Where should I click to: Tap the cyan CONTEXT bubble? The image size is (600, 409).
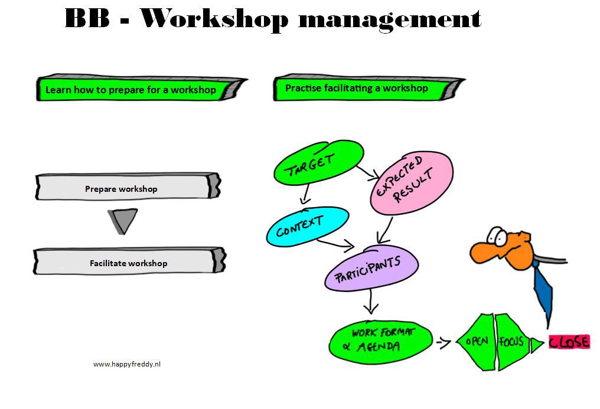point(308,226)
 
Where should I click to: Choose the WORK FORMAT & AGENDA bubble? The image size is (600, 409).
point(380,341)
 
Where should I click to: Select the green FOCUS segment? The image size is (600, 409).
point(513,342)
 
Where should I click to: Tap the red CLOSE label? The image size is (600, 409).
point(569,342)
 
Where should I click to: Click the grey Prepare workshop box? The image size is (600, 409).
point(128,186)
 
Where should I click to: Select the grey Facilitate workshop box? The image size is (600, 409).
point(129,261)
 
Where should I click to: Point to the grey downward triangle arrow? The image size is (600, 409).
point(123,220)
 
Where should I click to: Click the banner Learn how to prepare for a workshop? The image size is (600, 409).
point(142,89)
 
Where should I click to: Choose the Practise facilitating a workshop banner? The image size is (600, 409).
point(369,87)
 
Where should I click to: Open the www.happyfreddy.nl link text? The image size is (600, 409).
point(126,364)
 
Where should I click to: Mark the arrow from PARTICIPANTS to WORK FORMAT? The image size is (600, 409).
point(370,302)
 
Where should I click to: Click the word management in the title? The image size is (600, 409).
point(390,19)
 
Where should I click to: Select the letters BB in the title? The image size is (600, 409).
point(87,18)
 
